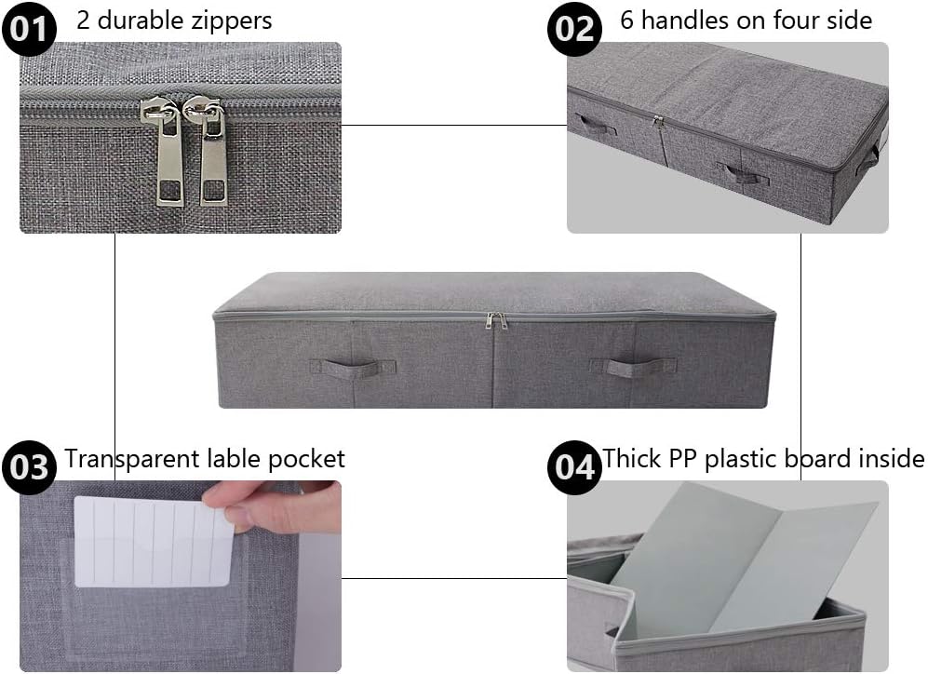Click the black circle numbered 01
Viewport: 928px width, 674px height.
click(29, 29)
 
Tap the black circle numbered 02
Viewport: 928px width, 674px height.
click(575, 29)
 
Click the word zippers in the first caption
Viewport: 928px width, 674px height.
click(230, 20)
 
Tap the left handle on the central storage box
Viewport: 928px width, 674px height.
click(346, 367)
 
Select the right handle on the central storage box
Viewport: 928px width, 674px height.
click(641, 366)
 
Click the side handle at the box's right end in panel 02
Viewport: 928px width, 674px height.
click(869, 158)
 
